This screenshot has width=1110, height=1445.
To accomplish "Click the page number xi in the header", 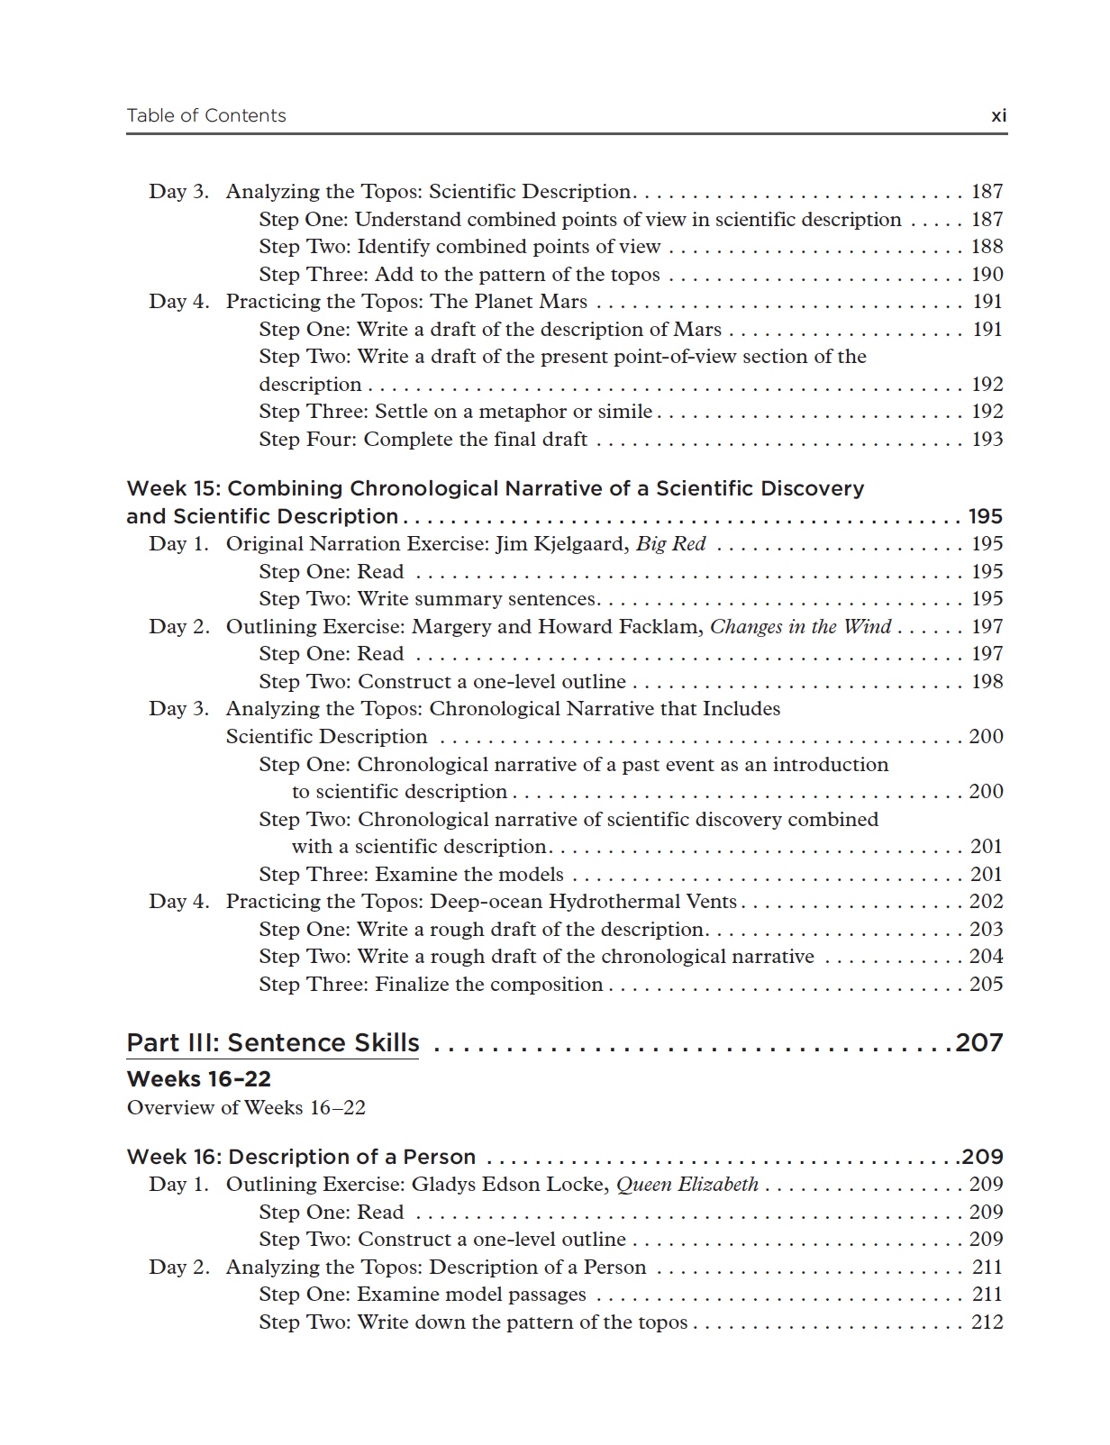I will [x=998, y=116].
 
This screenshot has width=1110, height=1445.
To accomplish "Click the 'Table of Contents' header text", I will [x=206, y=115].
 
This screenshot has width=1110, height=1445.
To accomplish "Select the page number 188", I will [x=987, y=247].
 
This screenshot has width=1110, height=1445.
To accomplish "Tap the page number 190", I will [x=987, y=275].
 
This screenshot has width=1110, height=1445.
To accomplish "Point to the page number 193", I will [x=987, y=440].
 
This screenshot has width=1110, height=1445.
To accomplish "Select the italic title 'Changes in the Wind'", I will [x=800, y=627].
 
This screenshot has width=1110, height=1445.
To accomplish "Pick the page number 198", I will [x=987, y=682].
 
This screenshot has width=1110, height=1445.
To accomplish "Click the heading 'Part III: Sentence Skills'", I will [x=273, y=1043].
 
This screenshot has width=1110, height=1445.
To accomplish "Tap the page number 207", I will [x=979, y=1043].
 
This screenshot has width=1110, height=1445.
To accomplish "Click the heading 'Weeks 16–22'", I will [x=199, y=1079].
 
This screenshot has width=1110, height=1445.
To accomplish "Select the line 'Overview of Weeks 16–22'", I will [x=246, y=1108].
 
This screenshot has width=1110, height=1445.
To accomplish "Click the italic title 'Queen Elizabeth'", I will [x=687, y=1185].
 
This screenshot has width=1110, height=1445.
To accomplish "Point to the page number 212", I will [x=987, y=1322].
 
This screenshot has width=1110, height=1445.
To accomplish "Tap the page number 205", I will [x=986, y=985].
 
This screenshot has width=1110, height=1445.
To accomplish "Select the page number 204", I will [x=986, y=957].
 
